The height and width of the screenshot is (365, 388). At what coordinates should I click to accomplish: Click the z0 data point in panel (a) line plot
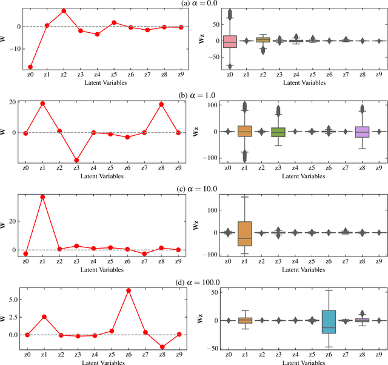point(30,67)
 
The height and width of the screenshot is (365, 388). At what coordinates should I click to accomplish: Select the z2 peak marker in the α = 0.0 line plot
point(64,11)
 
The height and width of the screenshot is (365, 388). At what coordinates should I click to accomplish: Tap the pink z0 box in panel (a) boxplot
point(229,41)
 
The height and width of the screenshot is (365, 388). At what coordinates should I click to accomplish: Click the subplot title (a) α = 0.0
point(193,4)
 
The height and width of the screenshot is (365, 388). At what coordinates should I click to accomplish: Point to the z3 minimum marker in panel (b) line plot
point(76,160)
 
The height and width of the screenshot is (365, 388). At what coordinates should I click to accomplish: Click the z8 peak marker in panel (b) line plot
point(161,104)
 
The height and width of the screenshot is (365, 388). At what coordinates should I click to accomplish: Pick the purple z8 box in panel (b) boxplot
point(361,132)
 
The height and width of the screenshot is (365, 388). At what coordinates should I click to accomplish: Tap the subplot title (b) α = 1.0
point(193,95)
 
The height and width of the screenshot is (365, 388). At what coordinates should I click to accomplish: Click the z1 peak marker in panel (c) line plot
point(42,197)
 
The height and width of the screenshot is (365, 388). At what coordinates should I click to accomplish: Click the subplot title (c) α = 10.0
point(193,188)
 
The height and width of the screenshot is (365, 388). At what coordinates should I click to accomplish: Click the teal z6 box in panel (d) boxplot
point(328,321)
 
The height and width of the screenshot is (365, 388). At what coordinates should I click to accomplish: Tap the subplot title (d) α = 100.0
point(193,281)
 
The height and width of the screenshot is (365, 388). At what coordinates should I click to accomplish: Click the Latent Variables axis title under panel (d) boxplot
point(295,362)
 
